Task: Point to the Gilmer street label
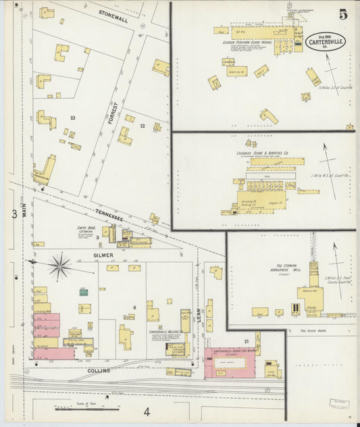click(103, 255)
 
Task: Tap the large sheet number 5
click(344, 14)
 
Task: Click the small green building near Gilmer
click(84, 292)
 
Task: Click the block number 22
click(143, 126)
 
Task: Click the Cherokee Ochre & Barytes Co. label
click(261, 153)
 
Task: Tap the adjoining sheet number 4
click(146, 411)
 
